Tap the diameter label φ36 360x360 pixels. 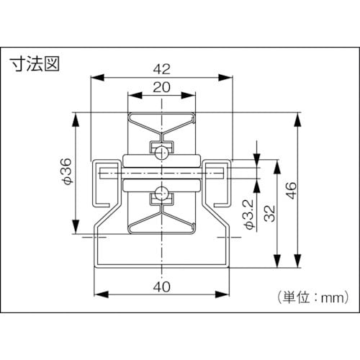click(x=66, y=173)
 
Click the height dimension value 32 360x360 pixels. click(x=271, y=213)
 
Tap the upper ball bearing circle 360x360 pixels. click(x=163, y=151)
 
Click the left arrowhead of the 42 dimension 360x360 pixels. click(x=96, y=77)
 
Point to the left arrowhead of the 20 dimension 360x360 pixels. click(x=132, y=95)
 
